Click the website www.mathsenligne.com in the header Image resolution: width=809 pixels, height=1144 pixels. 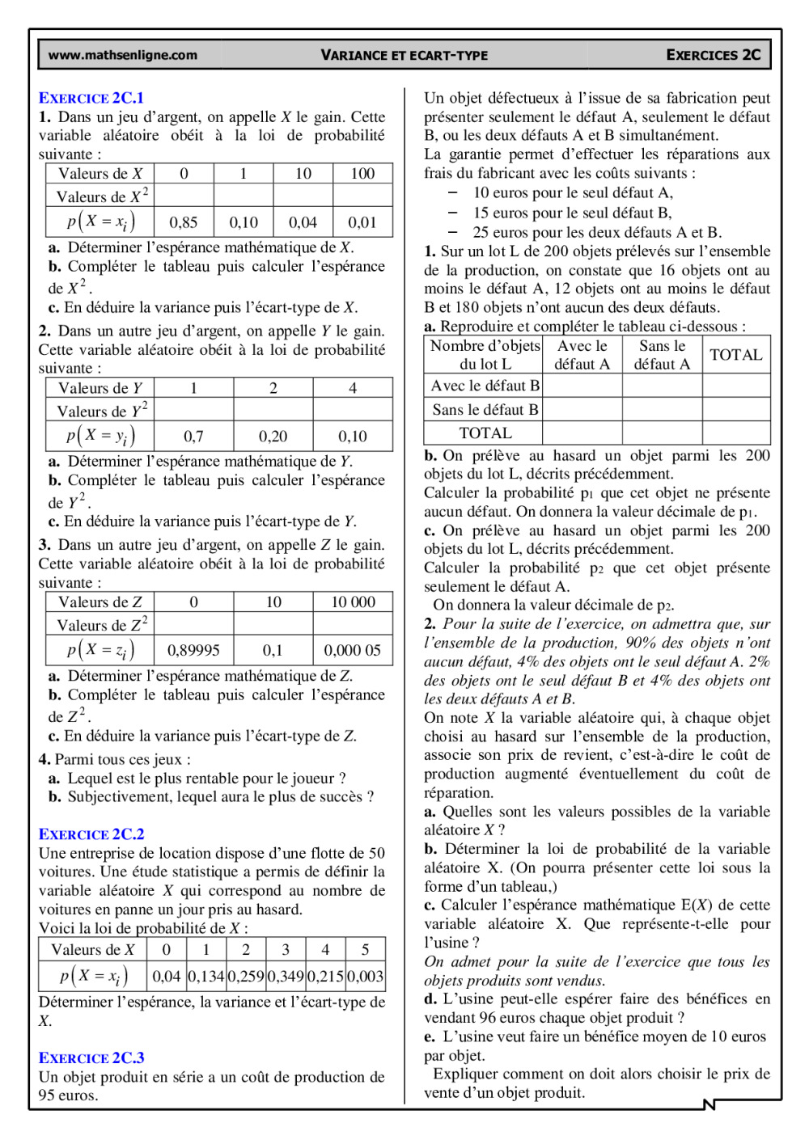pos(123,55)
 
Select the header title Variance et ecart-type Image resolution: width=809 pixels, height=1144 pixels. pos(404,55)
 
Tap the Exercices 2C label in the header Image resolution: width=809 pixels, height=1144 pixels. pos(713,55)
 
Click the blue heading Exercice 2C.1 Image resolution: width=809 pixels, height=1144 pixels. pos(91,98)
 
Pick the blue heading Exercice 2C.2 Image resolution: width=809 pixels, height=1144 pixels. pos(91,834)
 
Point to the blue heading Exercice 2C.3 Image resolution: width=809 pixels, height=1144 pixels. pos(91,1057)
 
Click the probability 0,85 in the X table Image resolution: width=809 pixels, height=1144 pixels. pos(184,222)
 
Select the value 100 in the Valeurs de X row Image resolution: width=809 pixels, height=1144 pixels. pos(362,173)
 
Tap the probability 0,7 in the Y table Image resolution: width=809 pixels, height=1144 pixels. pos(193,437)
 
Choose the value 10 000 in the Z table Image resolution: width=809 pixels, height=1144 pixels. pos(353,602)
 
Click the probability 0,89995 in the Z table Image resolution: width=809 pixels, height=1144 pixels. pos(193,650)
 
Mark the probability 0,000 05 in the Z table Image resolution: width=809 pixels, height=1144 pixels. pos(353,650)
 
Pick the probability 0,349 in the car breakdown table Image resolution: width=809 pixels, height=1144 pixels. pos(286,976)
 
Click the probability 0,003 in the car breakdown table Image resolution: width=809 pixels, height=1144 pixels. pos(365,976)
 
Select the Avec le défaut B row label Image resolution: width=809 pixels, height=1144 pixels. pos(485,386)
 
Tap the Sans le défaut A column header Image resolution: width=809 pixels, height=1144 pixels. pos(662,355)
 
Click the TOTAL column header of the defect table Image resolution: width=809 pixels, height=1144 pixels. pos(735,355)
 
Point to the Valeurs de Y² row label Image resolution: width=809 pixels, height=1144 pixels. pos(101,410)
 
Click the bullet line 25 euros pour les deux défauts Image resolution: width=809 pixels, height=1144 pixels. pos(596,232)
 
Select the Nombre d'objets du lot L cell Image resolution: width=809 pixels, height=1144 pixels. pos(485,355)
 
